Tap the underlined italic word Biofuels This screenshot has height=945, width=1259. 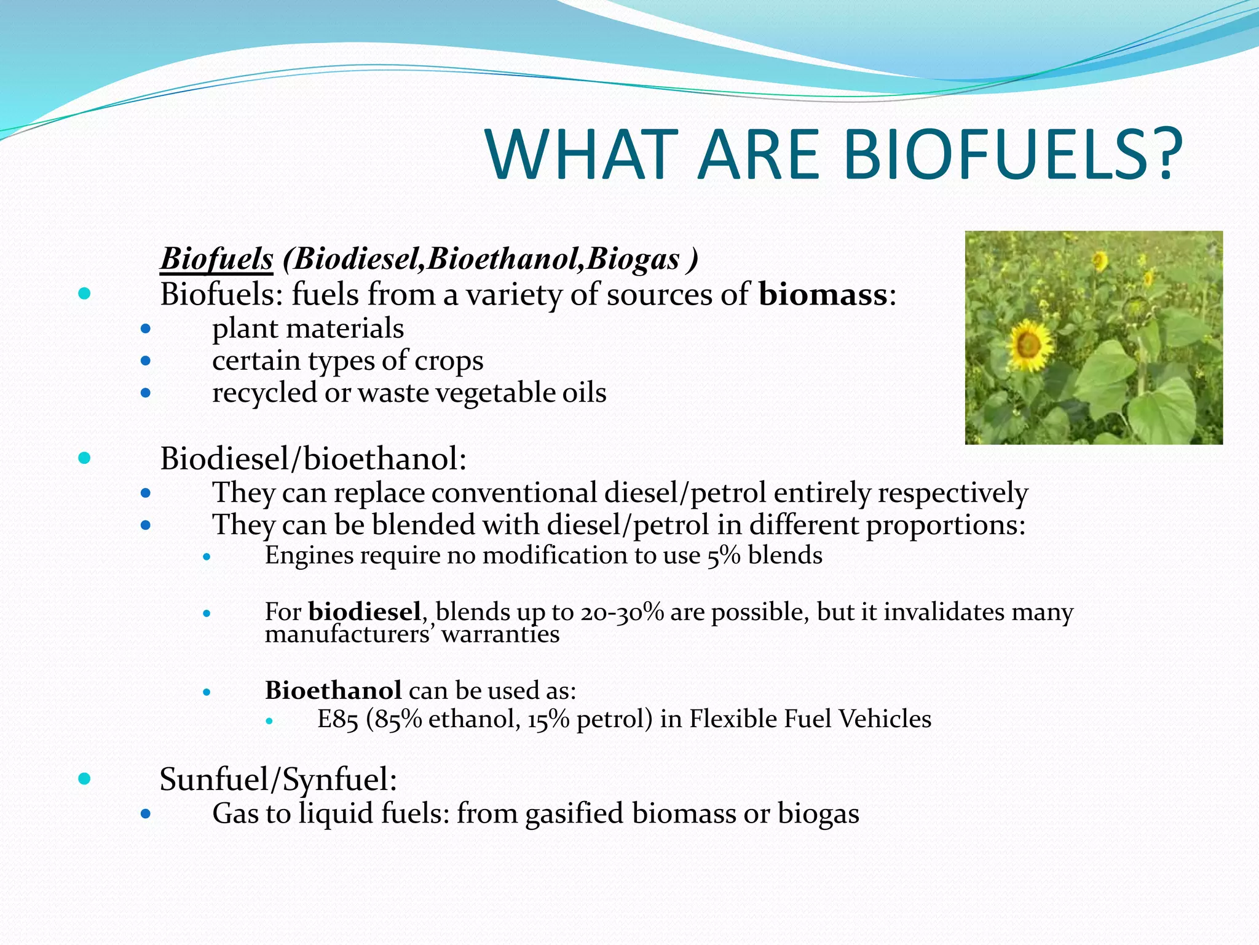tap(216, 259)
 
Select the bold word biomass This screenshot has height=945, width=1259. tap(823, 294)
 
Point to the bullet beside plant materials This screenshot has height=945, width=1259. tap(146, 329)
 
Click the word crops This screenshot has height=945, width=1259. tap(448, 361)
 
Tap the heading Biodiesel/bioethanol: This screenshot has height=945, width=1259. tap(313, 458)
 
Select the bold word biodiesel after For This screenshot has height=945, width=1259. tap(365, 612)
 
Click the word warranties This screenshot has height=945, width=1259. tap(500, 634)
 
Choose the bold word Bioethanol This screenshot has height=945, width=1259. tap(333, 690)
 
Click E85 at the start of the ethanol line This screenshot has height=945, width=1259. tap(337, 719)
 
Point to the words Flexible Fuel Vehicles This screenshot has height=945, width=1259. tap(810, 719)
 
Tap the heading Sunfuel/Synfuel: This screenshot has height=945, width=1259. tap(278, 780)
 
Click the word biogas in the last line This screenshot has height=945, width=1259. tap(818, 814)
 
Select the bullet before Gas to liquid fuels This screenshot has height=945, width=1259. tap(146, 814)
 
